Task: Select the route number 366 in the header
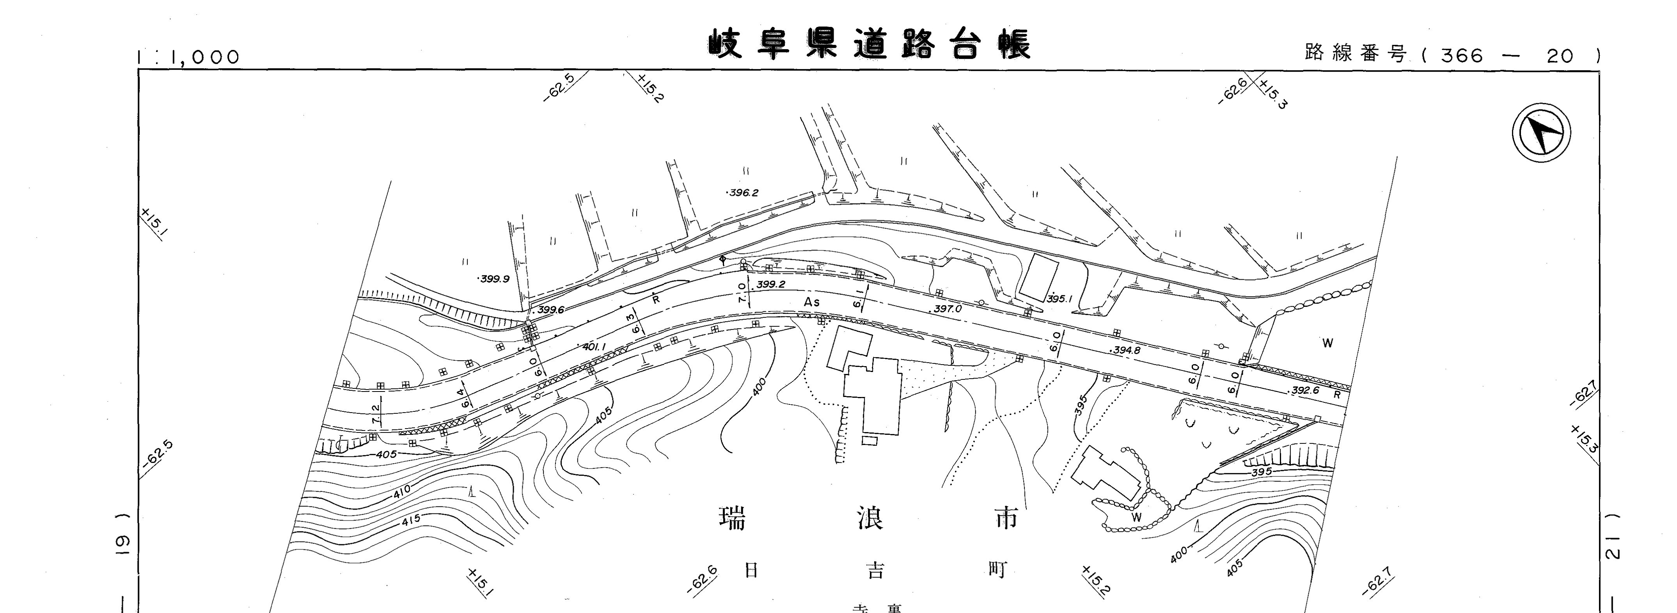1462,56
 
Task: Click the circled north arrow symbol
1541,135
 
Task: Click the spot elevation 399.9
494,279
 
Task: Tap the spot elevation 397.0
947,309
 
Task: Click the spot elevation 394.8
1126,350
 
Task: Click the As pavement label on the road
812,302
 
